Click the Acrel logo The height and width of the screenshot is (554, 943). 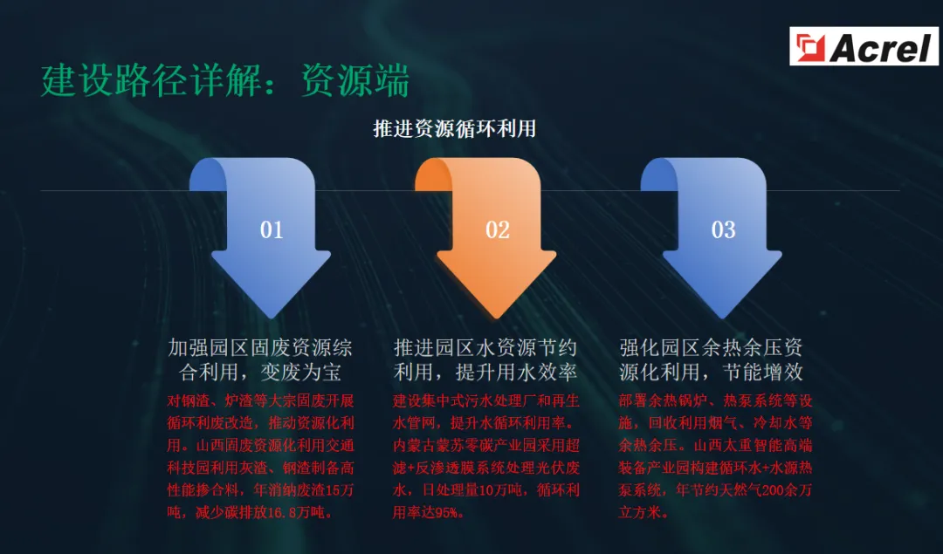click(864, 46)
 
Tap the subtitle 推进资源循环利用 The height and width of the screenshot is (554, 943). click(454, 129)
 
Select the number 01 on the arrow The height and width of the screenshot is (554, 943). click(272, 229)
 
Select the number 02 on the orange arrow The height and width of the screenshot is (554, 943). click(498, 229)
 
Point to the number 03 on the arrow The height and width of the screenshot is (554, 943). click(723, 229)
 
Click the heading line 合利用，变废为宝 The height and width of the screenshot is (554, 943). click(259, 373)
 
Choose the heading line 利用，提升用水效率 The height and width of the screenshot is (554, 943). click(485, 373)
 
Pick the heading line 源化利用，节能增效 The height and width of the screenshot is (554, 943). click(711, 373)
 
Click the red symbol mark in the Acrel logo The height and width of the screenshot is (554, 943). click(809, 46)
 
